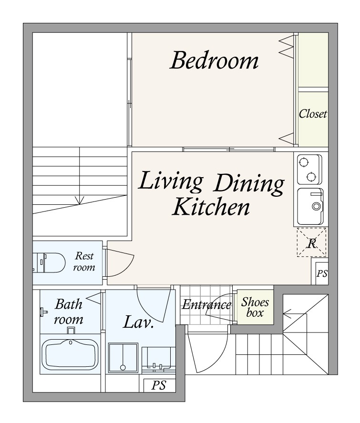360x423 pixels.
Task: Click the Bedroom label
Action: coord(214,60)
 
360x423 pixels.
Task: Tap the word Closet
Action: coord(313,114)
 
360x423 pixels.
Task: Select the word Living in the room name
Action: coord(171,181)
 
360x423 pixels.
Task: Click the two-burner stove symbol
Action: coord(309,169)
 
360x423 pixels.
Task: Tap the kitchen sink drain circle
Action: coord(316,207)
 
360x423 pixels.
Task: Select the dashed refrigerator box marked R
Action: coord(311,242)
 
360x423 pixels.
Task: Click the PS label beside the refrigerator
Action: coord(322,273)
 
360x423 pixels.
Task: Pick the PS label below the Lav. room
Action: coord(159,385)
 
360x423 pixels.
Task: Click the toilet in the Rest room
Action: coord(49,262)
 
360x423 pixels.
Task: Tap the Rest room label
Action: coord(84,262)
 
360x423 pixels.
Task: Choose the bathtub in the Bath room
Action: coord(70,354)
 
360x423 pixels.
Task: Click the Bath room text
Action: coord(69,312)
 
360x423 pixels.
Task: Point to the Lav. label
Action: coord(138,322)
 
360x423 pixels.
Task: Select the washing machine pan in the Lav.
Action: coord(123,358)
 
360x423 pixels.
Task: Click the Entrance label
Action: coord(206,305)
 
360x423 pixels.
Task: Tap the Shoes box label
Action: coord(255,307)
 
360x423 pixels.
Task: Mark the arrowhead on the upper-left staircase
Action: coord(80,201)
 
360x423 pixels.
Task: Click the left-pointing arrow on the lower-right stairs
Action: coord(295,314)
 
